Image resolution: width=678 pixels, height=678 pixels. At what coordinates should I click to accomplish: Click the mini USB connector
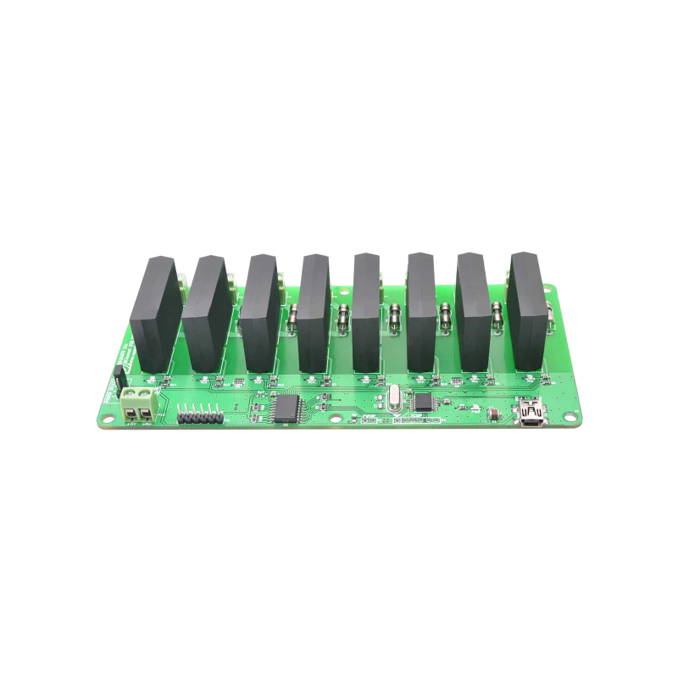[535, 414]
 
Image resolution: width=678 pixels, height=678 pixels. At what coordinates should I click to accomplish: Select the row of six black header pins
[200, 416]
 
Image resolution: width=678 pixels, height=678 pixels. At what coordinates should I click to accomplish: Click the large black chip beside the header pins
[284, 408]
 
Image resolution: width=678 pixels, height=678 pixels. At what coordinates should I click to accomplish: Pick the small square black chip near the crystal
[422, 400]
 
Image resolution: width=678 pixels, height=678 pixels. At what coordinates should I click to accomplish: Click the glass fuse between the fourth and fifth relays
[344, 320]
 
